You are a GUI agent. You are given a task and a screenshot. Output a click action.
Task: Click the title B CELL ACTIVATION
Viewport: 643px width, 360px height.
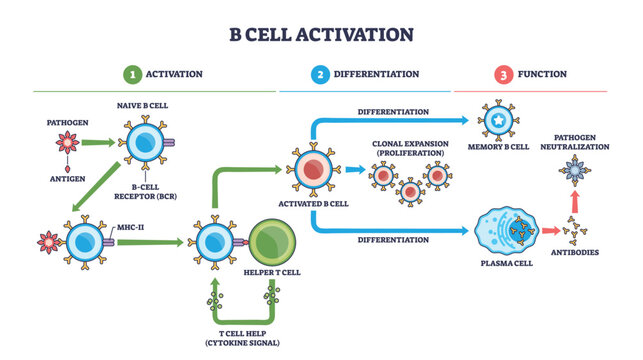pyautogui.click(x=321, y=34)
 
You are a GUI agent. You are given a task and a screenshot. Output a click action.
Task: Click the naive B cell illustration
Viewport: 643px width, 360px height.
pyautogui.click(x=147, y=141)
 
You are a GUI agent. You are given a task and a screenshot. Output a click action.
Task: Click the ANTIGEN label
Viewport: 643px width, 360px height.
pyautogui.click(x=69, y=180)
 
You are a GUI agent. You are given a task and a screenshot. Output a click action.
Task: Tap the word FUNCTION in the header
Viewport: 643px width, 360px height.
pyautogui.click(x=543, y=74)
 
